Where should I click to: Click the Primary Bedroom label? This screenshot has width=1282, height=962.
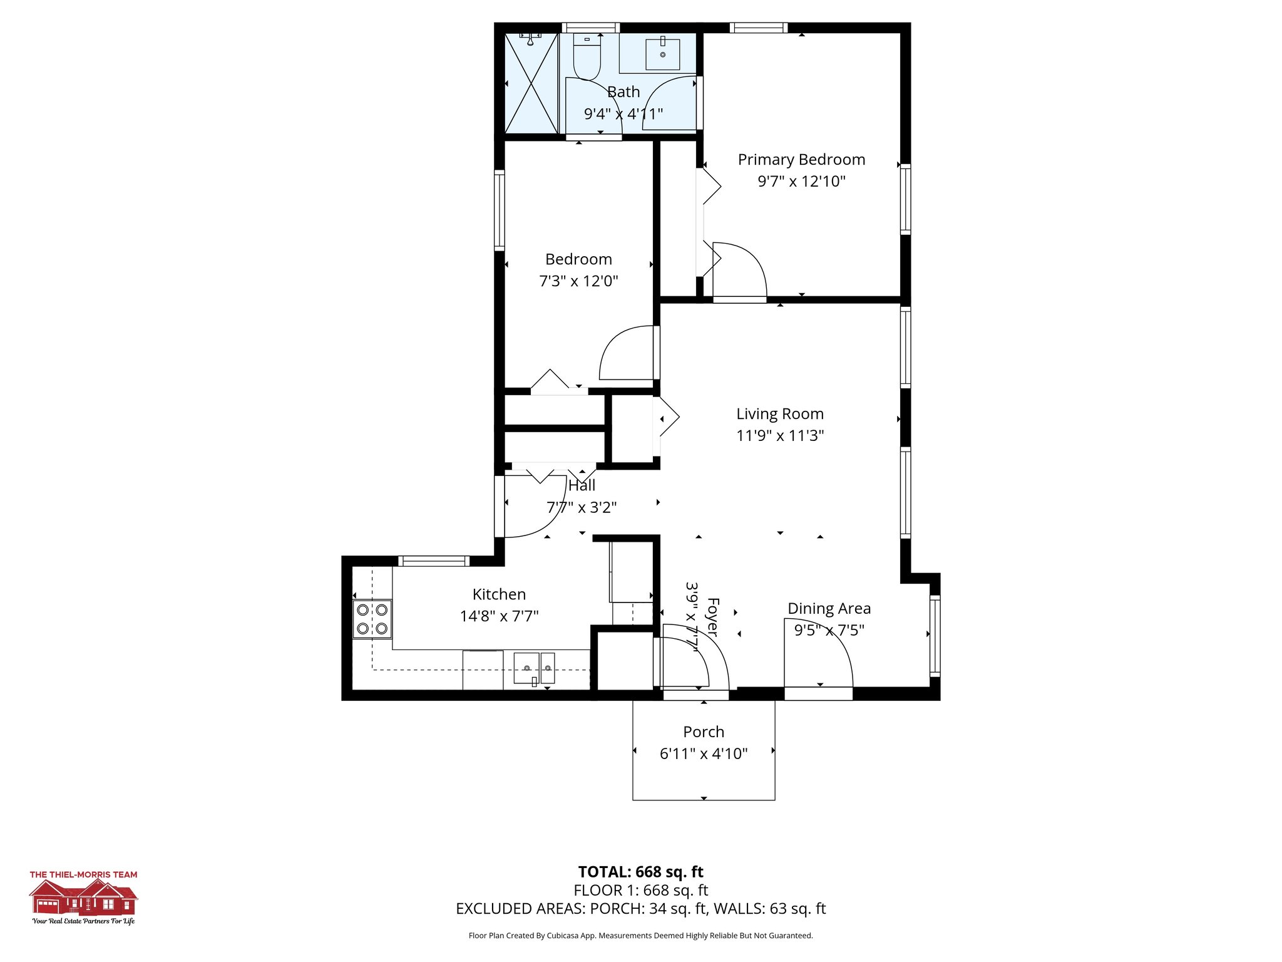click(x=801, y=160)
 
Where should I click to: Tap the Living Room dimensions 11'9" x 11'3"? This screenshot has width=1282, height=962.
click(x=780, y=435)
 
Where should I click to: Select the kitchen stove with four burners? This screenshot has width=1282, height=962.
click(x=372, y=619)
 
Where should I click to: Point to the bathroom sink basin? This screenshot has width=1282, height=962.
click(x=662, y=54)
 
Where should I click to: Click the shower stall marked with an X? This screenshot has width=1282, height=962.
click(x=531, y=83)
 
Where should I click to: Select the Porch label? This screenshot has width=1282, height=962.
click(x=704, y=732)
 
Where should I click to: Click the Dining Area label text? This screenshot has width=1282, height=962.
click(x=829, y=608)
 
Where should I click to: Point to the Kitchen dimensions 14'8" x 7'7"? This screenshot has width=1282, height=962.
click(x=499, y=616)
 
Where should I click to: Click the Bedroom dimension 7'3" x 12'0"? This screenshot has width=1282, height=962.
click(x=578, y=281)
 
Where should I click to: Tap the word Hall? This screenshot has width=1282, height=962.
click(x=582, y=485)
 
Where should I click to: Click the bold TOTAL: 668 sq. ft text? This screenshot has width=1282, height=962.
click(x=640, y=872)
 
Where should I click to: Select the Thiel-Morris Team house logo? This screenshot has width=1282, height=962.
click(x=83, y=897)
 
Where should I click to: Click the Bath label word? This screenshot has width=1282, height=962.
click(x=623, y=92)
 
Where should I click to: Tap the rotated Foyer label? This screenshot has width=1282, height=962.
click(x=713, y=617)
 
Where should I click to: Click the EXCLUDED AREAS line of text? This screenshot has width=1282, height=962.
click(x=640, y=909)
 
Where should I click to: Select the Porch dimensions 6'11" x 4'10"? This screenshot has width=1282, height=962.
click(x=704, y=753)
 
